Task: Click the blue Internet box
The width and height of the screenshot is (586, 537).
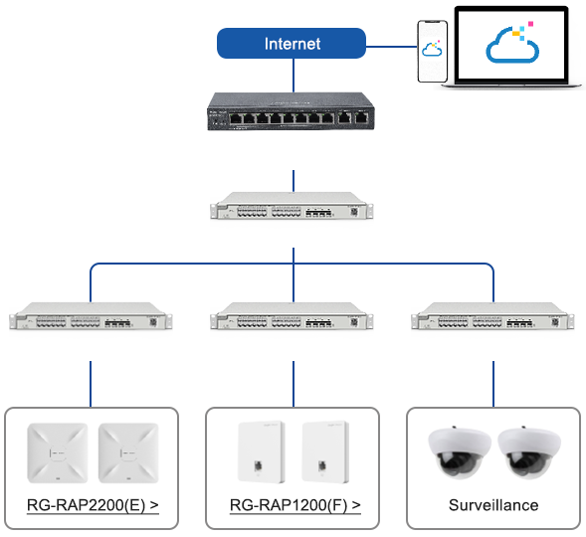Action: tap(292, 44)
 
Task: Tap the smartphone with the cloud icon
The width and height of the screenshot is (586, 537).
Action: tap(433, 51)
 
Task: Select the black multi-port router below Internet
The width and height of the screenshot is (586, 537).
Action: tap(291, 111)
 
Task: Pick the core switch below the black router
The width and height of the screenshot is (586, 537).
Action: tap(292, 206)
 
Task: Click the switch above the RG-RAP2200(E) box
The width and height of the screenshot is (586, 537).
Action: tap(91, 316)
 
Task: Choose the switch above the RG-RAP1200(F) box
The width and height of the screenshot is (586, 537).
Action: tap(292, 316)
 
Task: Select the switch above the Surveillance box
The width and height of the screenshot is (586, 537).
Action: tap(492, 316)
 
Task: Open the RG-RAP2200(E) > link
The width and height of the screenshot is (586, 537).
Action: tap(93, 505)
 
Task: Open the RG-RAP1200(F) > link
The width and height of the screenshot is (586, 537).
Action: tap(295, 505)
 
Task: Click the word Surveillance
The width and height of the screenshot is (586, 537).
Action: tap(493, 505)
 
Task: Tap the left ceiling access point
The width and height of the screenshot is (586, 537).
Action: tap(58, 453)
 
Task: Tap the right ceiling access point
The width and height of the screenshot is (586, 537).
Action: tap(128, 453)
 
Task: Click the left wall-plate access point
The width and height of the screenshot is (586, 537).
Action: tap(262, 452)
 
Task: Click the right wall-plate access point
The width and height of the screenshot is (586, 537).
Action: tap(325, 452)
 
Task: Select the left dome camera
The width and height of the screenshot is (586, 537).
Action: tap(460, 452)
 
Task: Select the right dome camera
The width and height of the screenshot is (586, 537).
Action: tap(529, 452)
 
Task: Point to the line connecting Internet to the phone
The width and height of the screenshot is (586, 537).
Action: tap(391, 47)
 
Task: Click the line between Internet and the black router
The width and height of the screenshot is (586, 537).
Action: tap(293, 75)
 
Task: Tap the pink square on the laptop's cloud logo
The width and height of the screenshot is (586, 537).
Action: tap(530, 24)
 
